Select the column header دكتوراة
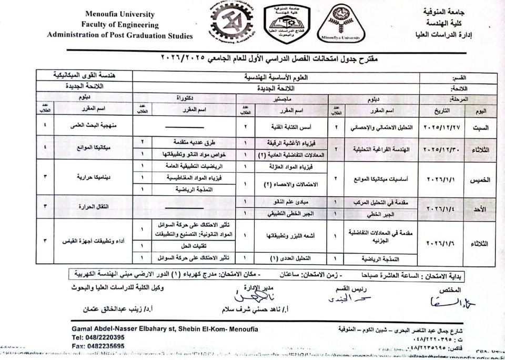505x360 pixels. tap(184, 98)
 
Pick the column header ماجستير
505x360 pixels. tap(282, 98)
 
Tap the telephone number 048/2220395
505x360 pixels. tap(98, 337)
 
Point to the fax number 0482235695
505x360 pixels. tap(98, 346)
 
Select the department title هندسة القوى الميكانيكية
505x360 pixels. tap(87, 76)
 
